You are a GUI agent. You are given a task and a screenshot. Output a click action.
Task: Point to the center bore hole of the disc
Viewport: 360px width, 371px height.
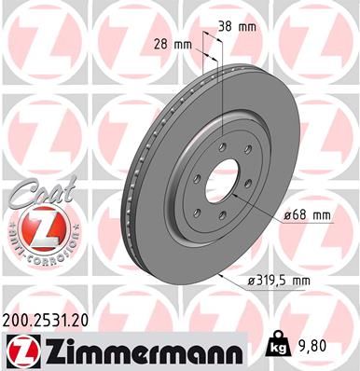(x=222, y=178)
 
